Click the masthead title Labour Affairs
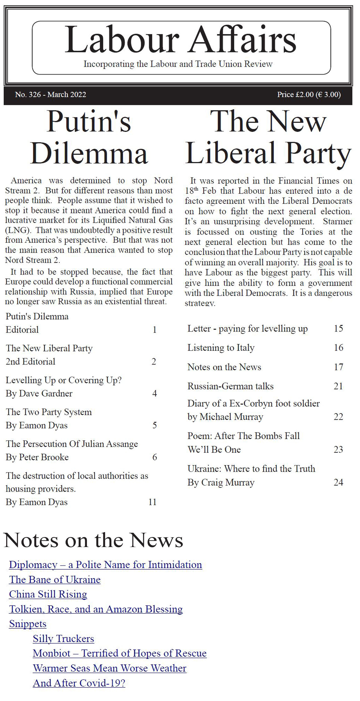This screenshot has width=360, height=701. pos(180,40)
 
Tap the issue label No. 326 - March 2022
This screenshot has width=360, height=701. pos(51,94)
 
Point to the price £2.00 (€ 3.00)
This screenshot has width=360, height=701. pos(309,94)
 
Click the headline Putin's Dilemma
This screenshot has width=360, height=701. pos(89,137)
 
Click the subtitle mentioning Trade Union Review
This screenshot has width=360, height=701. pos(178,64)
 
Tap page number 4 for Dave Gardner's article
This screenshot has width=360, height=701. pos(154,393)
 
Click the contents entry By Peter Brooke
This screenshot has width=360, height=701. pos(37,457)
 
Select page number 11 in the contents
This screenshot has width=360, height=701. pos(152,502)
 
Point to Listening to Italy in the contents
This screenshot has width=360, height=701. pos(221,348)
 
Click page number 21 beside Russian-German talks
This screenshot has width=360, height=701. pos(338,386)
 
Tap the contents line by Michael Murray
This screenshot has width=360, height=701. pos(225,417)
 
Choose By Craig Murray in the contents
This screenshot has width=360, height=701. pos(221,483)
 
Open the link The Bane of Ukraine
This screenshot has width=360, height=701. pos(55,580)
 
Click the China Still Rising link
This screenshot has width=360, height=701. pos(48,595)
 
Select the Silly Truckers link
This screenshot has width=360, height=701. pos(63,639)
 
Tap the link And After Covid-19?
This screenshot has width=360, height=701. pos(79,683)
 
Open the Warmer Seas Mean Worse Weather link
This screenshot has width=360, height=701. pos(109,668)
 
